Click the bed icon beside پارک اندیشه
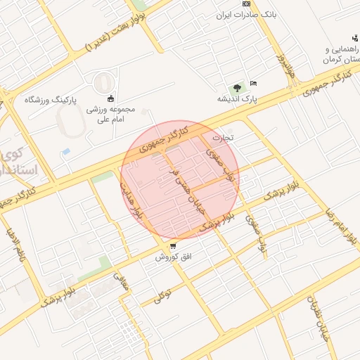click(253, 84)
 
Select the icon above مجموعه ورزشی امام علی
click(110, 98)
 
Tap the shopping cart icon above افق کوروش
click(173, 246)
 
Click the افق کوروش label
click(173, 257)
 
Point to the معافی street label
click(120, 281)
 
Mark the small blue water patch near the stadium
click(66, 151)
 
